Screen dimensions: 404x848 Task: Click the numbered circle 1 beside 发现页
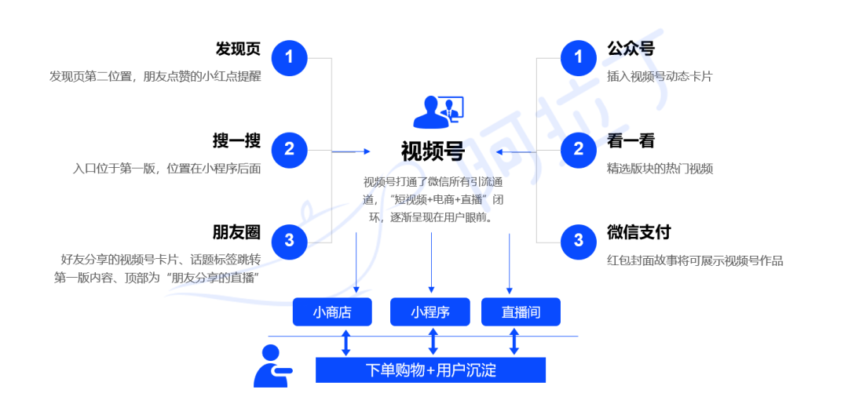click(x=289, y=57)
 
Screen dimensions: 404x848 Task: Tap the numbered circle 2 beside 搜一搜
click(x=289, y=148)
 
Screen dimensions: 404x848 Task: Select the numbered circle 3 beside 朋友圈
click(x=289, y=240)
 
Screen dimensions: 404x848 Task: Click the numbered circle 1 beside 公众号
click(x=579, y=57)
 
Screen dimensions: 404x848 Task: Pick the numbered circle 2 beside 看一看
click(x=579, y=148)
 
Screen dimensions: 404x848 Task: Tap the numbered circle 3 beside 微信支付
click(x=579, y=240)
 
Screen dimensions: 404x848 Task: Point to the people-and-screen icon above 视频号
click(x=438, y=111)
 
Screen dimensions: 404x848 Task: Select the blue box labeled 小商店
click(x=332, y=312)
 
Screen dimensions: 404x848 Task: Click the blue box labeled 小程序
click(x=430, y=312)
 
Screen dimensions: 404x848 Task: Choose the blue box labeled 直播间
click(x=521, y=312)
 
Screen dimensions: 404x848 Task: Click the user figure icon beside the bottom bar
click(x=270, y=366)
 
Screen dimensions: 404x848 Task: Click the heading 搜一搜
click(x=236, y=141)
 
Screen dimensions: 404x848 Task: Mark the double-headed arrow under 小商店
click(x=345, y=342)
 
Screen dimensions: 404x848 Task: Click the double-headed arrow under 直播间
click(x=514, y=342)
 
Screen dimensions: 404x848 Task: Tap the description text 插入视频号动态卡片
click(x=660, y=77)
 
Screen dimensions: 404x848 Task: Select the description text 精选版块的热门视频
click(x=660, y=169)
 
